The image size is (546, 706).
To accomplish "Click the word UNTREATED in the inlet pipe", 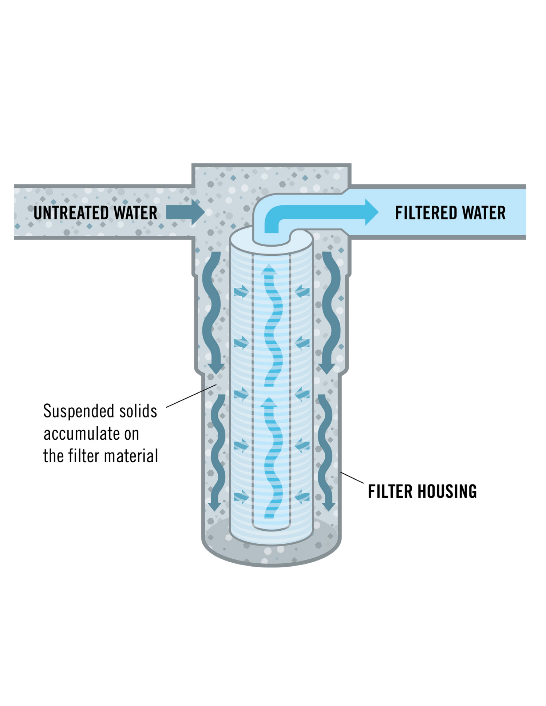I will coord(71,213).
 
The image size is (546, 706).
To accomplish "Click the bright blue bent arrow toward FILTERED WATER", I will coord(320,212).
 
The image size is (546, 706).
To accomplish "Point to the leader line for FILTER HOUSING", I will coord(352,478).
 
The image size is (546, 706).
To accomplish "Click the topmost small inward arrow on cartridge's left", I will coord(241,291).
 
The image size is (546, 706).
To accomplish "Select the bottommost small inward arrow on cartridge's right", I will coord(302,496).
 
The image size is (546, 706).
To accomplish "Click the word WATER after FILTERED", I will coord(484,213).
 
